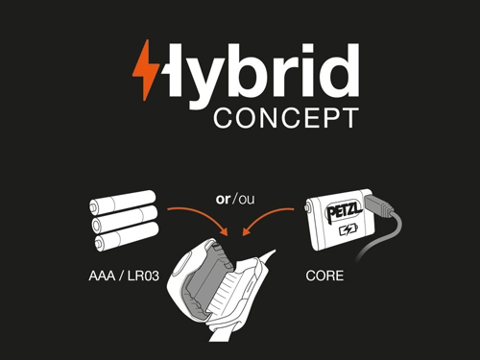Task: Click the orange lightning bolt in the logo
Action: coord(146,70)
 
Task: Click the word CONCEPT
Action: coord(286,118)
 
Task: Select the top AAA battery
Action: coord(123,203)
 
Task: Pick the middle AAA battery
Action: coord(125,219)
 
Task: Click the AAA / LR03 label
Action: coord(124,276)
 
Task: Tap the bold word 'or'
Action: coord(223,199)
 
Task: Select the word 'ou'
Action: coord(247,200)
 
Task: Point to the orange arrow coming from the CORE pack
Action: coord(267,218)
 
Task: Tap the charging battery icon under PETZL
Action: coord(348,229)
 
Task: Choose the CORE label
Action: coord(324,276)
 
